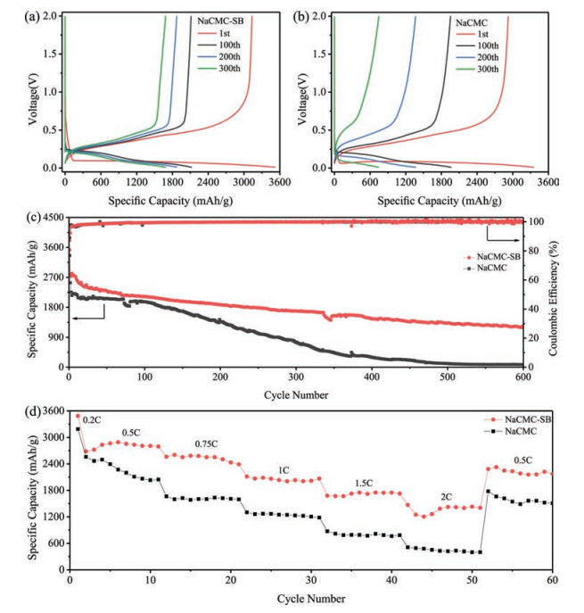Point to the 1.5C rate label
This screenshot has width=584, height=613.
click(x=365, y=483)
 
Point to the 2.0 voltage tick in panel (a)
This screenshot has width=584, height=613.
click(x=49, y=17)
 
